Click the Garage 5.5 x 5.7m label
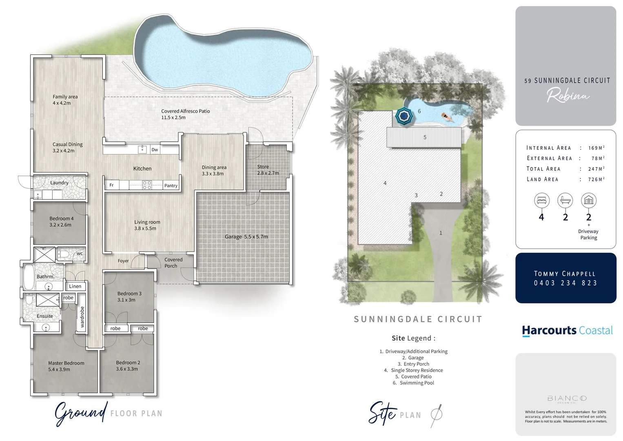pyautogui.click(x=246, y=237)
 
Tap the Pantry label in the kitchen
pyautogui.click(x=171, y=185)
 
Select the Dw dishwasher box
pyautogui.click(x=155, y=150)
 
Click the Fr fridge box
pyautogui.click(x=111, y=185)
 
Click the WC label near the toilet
pyautogui.click(x=80, y=254)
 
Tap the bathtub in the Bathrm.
pyautogui.click(x=29, y=277)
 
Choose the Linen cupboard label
pyautogui.click(x=75, y=286)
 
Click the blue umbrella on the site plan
pyautogui.click(x=404, y=117)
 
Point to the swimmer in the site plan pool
pyautogui.click(x=447, y=117)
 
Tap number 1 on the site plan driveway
pyautogui.click(x=441, y=233)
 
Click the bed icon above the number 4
pyautogui.click(x=541, y=201)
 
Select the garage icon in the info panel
pyautogui.click(x=588, y=201)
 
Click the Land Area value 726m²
pyautogui.click(x=596, y=179)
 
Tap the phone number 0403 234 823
pyautogui.click(x=565, y=283)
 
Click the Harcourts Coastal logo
pyautogui.click(x=567, y=330)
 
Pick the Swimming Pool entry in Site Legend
pyautogui.click(x=414, y=383)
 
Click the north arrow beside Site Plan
pyautogui.click(x=436, y=414)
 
